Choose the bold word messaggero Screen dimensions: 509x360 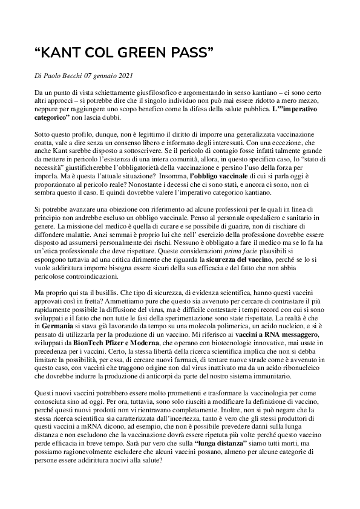tap(305, 332)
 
